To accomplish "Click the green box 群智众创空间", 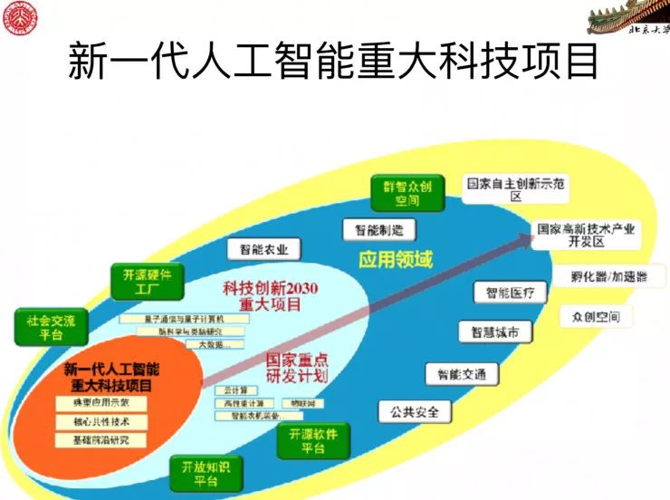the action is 407,193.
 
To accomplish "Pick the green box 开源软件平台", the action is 313,441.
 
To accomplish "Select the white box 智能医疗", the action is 511,293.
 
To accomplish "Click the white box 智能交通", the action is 462,374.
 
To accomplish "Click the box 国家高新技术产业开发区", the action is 585,236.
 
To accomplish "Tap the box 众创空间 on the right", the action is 596,317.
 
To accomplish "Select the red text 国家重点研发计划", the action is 296,367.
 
